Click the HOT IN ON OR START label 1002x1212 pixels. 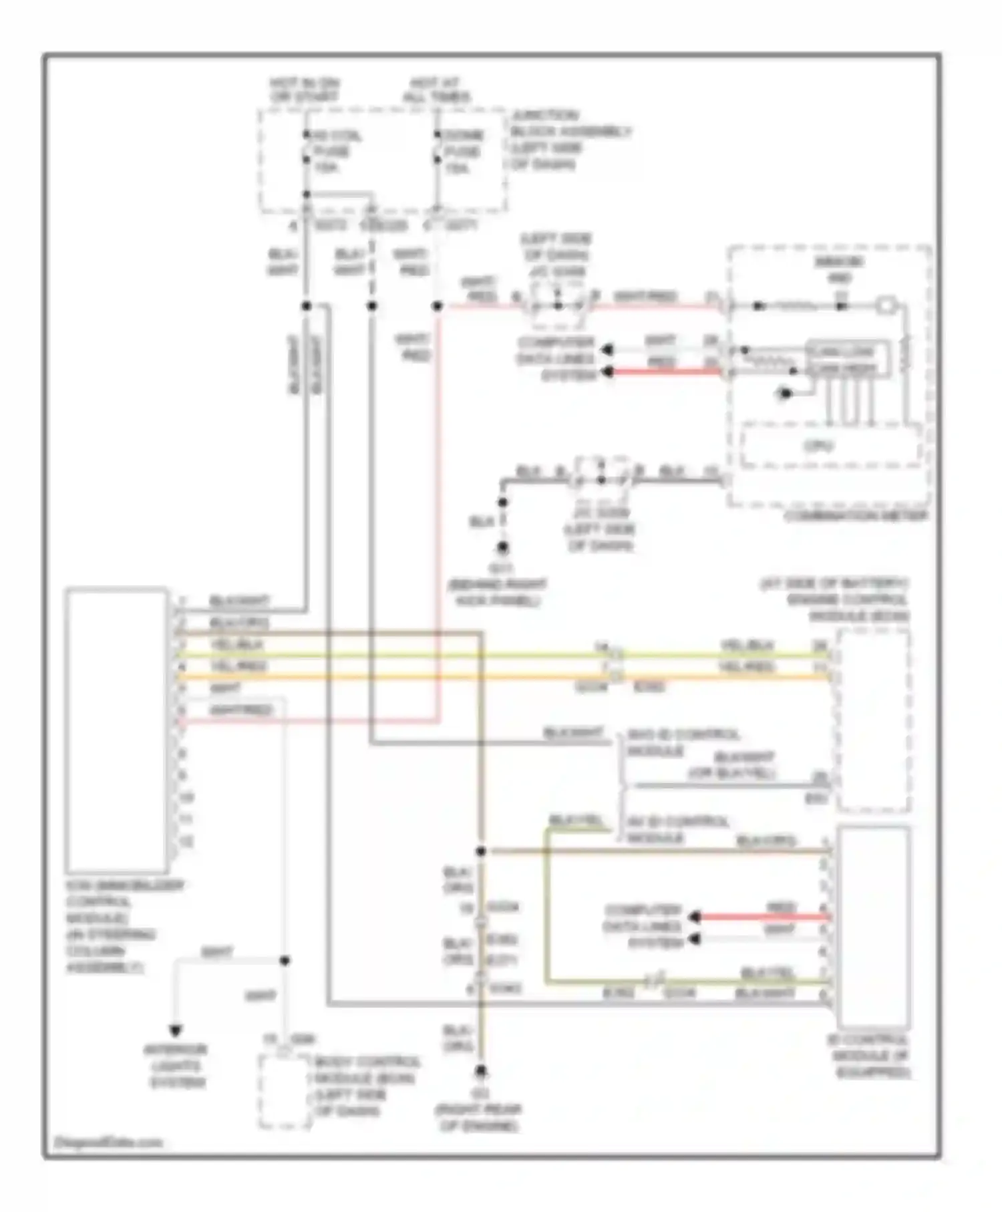click(305, 90)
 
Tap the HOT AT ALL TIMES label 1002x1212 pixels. click(435, 90)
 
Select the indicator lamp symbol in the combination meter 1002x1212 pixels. click(884, 306)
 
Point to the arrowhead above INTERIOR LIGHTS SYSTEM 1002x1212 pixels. click(176, 1031)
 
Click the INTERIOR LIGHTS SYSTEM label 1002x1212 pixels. click(176, 1066)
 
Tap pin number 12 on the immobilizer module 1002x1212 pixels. click(186, 842)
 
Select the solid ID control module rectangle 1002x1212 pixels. click(873, 927)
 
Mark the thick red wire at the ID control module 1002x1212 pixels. click(762, 917)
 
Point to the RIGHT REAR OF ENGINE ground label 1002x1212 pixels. click(479, 1118)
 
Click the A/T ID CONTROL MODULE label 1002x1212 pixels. click(677, 829)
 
